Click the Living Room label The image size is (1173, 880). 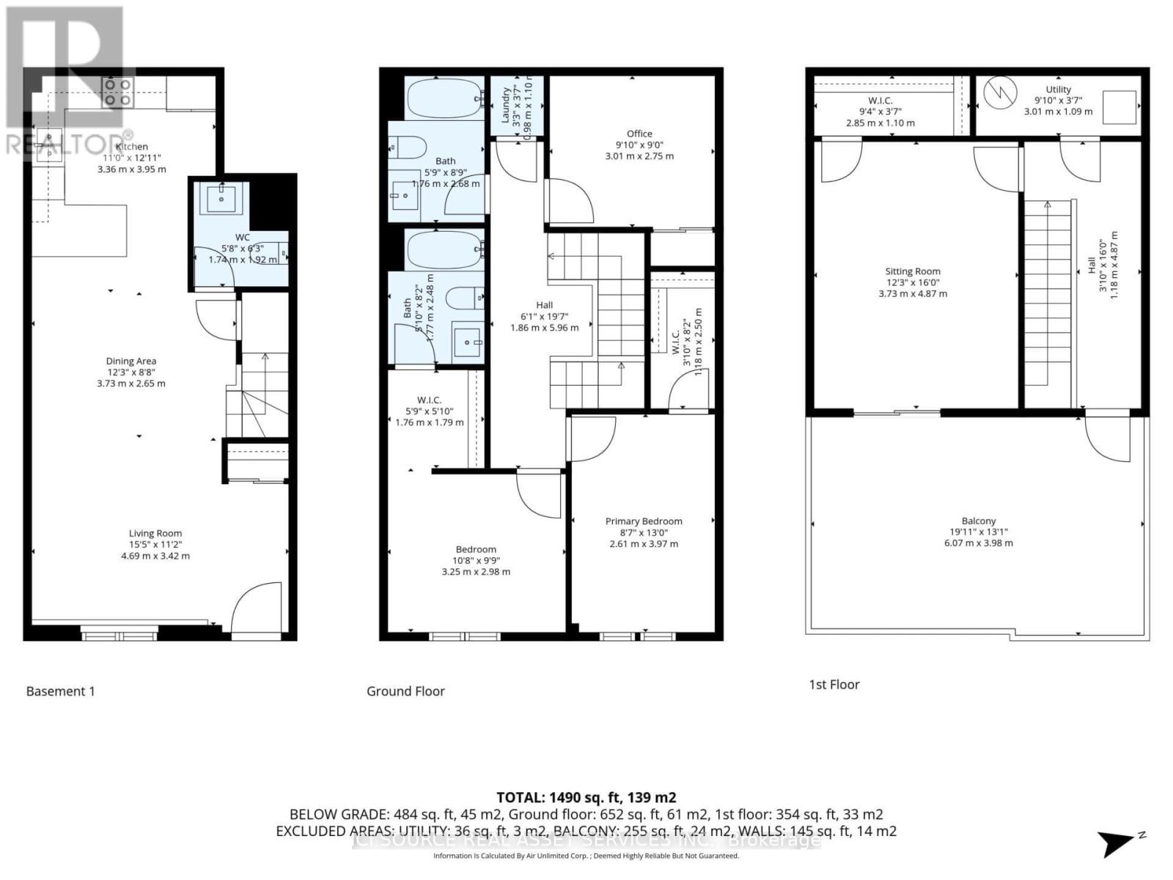pyautogui.click(x=155, y=534)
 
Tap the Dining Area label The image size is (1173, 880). pyautogui.click(x=131, y=361)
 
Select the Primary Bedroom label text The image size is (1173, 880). pyautogui.click(x=644, y=521)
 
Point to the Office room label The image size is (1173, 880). pyautogui.click(x=639, y=133)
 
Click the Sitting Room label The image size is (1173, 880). pyautogui.click(x=913, y=271)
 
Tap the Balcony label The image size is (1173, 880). pyautogui.click(x=979, y=521)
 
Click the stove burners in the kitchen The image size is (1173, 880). pyautogui.click(x=117, y=92)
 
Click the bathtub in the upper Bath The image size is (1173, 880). pyautogui.click(x=444, y=98)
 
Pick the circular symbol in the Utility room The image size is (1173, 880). pyautogui.click(x=1001, y=93)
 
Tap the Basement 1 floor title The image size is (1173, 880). pyautogui.click(x=61, y=691)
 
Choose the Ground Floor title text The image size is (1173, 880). pyautogui.click(x=405, y=691)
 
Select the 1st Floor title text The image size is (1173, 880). pyautogui.click(x=834, y=684)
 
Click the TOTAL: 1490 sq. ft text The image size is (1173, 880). pyautogui.click(x=586, y=797)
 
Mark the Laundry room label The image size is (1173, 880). pyautogui.click(x=506, y=106)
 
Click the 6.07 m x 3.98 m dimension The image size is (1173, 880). pyautogui.click(x=979, y=543)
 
